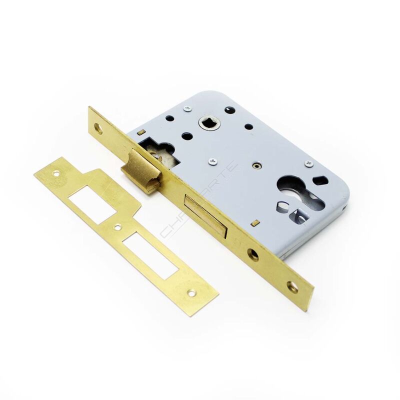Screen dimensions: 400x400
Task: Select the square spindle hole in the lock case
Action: click(206, 122)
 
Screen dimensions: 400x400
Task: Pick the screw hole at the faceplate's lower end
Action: click(292, 287)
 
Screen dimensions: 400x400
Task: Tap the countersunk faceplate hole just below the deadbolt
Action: click(253, 254)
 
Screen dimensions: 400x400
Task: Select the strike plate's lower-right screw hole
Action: click(191, 294)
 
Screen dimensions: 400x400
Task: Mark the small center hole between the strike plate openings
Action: click(117, 227)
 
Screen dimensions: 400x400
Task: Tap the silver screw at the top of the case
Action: click(187, 107)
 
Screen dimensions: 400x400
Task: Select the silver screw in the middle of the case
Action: click(213, 161)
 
